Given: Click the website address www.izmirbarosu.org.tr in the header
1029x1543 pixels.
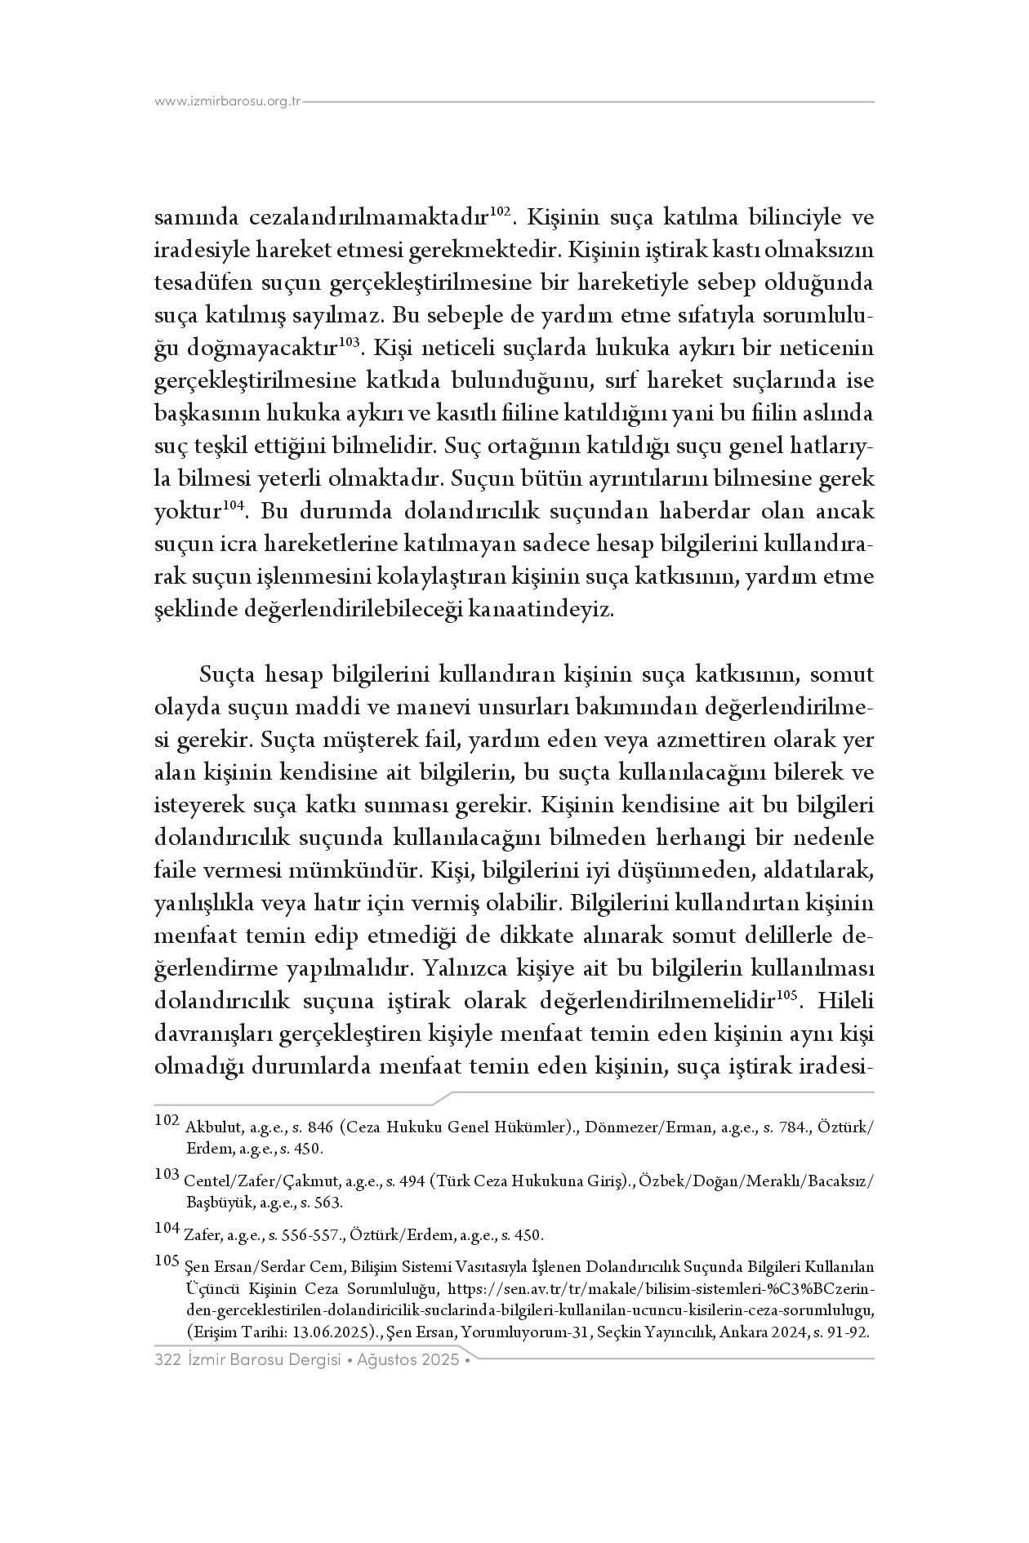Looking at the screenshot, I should click(x=228, y=102).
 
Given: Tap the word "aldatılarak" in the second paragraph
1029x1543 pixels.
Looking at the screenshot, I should click(x=817, y=871).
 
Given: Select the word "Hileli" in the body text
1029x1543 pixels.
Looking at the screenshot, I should click(x=845, y=1002).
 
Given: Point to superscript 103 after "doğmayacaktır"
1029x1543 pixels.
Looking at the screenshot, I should click(x=349, y=342).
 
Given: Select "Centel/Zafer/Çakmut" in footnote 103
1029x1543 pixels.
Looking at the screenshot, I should click(x=262, y=1181).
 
